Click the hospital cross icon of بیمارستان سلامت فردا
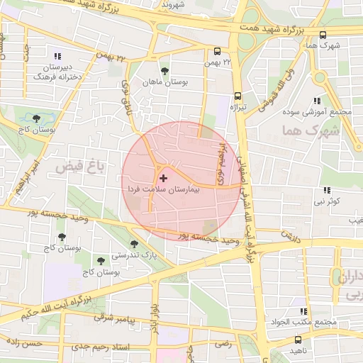click(x=164, y=178)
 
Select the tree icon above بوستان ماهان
click(x=165, y=71)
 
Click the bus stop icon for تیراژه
click(x=237, y=95)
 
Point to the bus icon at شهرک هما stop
click(x=323, y=34)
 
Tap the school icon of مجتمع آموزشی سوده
click(x=316, y=101)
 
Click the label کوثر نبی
click(x=327, y=201)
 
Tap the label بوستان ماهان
click(x=165, y=83)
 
